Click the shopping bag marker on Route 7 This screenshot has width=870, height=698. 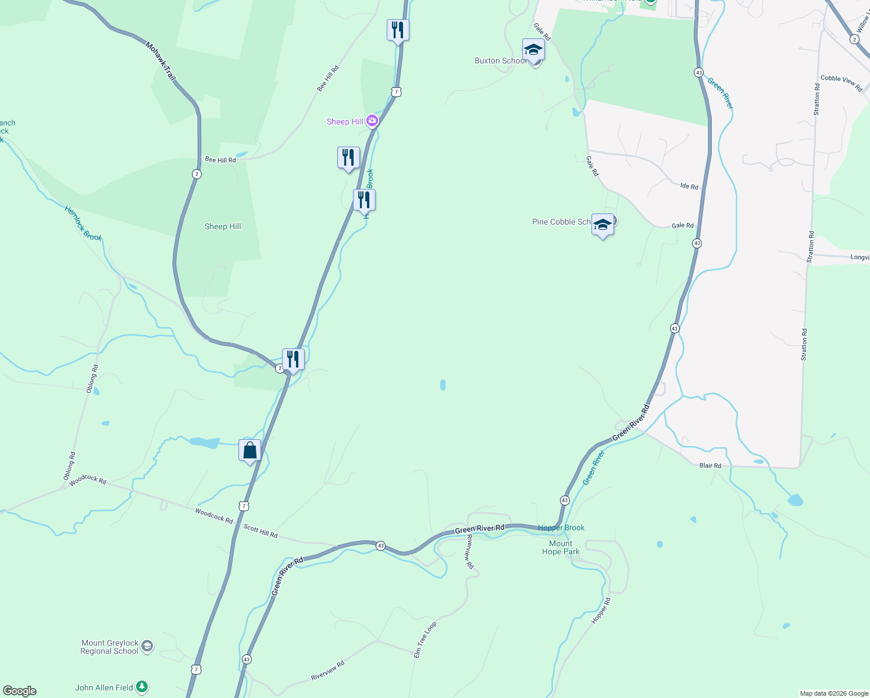(249, 451)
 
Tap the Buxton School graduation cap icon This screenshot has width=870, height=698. (533, 50)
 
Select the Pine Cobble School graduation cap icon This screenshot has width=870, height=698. (602, 225)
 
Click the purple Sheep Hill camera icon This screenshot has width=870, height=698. (372, 121)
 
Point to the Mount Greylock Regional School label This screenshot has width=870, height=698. (109, 647)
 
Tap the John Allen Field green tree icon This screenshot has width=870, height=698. (142, 687)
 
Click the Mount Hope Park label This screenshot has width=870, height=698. (561, 547)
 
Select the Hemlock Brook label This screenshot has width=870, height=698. (83, 223)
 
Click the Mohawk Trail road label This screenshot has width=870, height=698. (161, 61)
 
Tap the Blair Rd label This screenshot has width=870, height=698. (710, 465)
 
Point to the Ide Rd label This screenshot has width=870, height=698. (689, 186)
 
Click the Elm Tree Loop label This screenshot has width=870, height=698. (425, 640)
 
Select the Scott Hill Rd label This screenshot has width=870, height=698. (260, 530)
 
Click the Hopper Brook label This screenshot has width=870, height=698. (561, 528)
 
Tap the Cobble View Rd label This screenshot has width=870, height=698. (841, 83)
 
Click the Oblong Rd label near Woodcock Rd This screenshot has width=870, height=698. (69, 466)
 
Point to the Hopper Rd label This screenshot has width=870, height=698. (601, 611)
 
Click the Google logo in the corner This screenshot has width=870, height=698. (20, 690)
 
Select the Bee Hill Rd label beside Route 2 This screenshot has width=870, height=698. (220, 159)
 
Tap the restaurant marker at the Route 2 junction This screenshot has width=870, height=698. (293, 359)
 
